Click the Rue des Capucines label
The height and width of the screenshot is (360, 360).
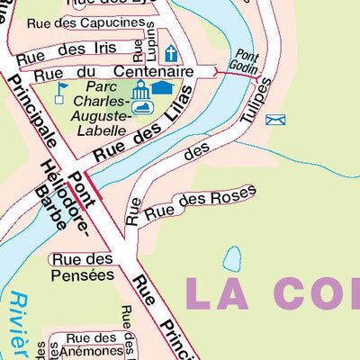pyautogui.click(x=98, y=22)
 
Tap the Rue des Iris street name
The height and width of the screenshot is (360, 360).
pyautogui.click(x=67, y=53)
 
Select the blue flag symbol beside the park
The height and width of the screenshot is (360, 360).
pyautogui.click(x=61, y=89)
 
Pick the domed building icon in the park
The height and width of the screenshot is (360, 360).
pyautogui.click(x=140, y=90)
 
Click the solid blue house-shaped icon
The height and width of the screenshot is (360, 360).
pyautogui.click(x=163, y=87)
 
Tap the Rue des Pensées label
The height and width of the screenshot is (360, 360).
pyautogui.click(x=82, y=268)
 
